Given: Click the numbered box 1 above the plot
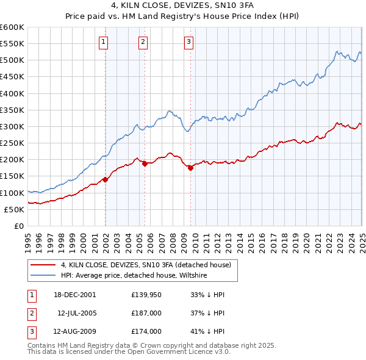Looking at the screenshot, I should pos(104,42).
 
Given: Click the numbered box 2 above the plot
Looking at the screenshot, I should pos(143,42).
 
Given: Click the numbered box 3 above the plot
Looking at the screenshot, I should pos(188,42).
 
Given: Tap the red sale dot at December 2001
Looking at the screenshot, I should pos(105,179).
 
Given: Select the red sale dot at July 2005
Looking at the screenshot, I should pos(145,164).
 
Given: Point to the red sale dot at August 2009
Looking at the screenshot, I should pos(190,168).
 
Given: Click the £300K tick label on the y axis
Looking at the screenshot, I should pos(12,126).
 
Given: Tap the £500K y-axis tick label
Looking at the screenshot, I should pos(12,60).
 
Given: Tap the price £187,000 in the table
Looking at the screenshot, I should pos(146,313).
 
